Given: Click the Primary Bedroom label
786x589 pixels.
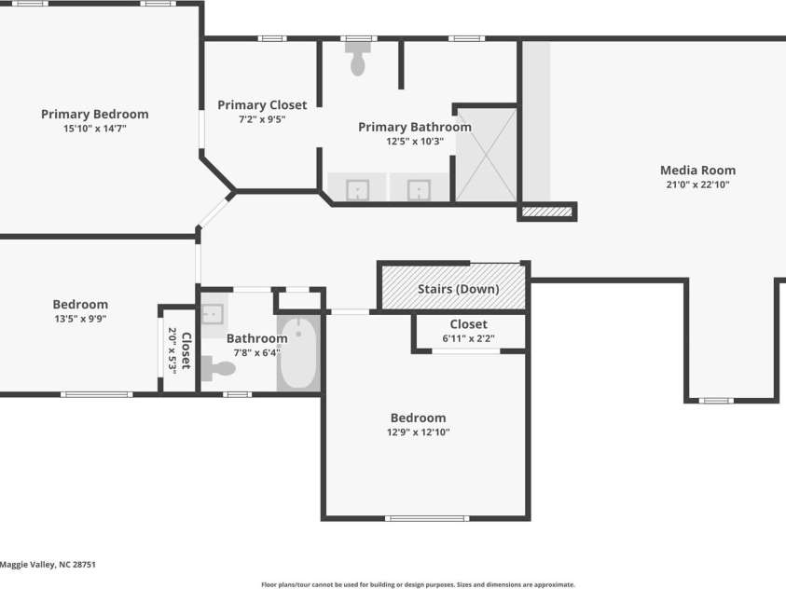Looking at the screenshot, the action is click(x=95, y=115).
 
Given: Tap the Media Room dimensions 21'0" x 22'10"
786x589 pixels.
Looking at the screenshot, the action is click(x=697, y=185).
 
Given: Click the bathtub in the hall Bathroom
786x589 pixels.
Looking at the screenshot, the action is click(x=298, y=353).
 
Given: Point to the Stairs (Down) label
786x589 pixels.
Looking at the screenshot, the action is click(x=458, y=289).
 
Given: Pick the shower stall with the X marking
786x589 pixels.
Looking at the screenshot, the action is click(x=486, y=155).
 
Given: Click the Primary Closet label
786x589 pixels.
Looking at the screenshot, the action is click(x=262, y=105).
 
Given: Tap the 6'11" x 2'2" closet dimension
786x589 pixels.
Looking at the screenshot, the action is click(x=468, y=338).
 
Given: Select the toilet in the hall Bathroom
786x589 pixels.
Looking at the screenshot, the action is click(x=218, y=369).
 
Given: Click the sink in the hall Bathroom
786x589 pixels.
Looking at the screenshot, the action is click(x=212, y=314).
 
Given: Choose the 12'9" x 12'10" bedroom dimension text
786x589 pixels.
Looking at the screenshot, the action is click(x=418, y=432).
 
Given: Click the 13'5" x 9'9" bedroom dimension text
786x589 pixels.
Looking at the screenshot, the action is click(x=80, y=319).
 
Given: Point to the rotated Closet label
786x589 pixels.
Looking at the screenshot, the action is click(x=186, y=350).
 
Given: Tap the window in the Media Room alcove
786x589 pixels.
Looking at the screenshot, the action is click(x=716, y=401).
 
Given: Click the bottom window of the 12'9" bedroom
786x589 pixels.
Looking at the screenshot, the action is click(x=427, y=518).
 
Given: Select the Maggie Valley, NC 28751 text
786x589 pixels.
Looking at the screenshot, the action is click(x=48, y=565).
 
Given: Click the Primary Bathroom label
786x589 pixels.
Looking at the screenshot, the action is click(x=415, y=128).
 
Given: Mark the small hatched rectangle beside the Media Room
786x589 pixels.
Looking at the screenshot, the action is click(x=547, y=212).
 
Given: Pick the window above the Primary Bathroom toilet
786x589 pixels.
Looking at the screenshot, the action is click(x=359, y=38).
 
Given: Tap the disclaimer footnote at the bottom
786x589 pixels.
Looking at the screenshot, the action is click(x=418, y=584).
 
